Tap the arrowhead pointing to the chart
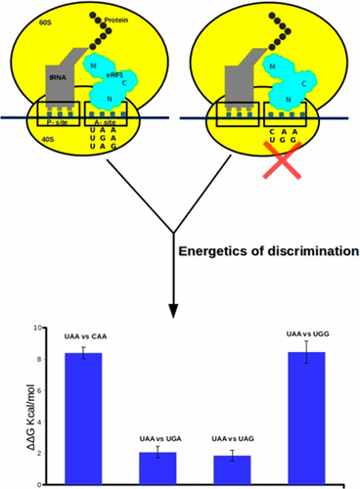click(x=172, y=310)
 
